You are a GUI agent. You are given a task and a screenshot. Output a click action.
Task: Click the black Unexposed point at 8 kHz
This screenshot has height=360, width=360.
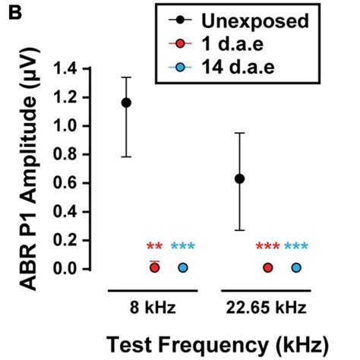coord(126,103)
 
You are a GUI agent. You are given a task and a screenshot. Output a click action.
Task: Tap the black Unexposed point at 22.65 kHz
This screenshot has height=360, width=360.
coord(240,178)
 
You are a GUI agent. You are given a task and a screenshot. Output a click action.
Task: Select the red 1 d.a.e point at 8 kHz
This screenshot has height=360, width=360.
coord(154,267)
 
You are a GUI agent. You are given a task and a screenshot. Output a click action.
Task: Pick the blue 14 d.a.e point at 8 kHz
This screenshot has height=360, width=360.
coord(183,267)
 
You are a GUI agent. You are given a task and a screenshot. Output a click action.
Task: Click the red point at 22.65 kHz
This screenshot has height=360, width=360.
coord(268,267)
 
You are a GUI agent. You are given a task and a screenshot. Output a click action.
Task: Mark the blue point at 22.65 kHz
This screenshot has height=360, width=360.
coord(296,267)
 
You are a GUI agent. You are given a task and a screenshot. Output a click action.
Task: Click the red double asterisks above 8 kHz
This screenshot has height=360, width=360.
coord(154,247)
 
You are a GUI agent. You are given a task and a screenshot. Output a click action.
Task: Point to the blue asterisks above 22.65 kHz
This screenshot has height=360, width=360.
coord(296,247)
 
